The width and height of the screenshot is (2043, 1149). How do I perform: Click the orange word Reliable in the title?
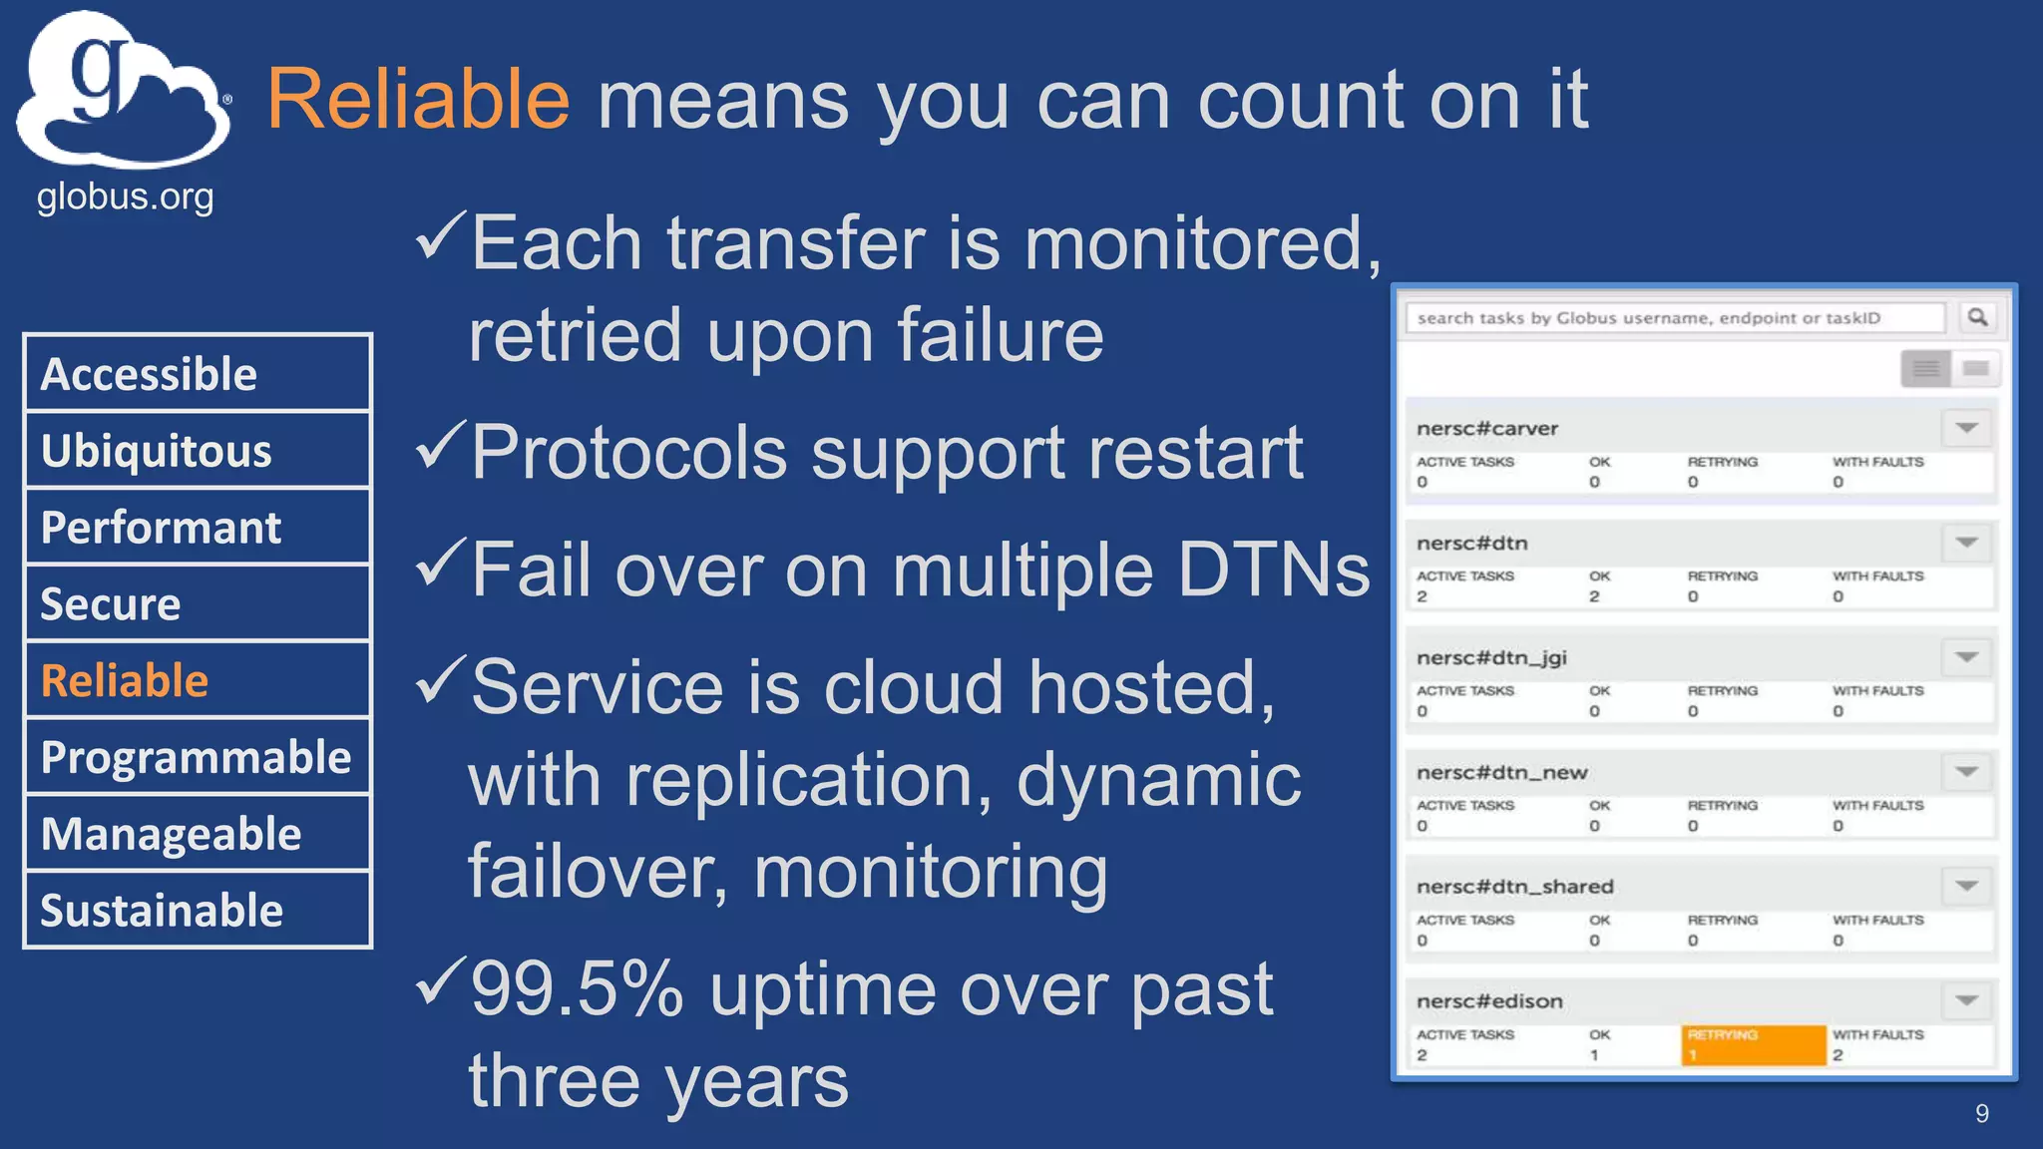coord(417,100)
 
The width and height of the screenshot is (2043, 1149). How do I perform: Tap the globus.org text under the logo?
coord(125,196)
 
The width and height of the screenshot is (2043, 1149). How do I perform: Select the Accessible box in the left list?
coord(198,374)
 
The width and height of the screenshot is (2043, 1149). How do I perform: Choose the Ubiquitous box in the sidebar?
coord(198,451)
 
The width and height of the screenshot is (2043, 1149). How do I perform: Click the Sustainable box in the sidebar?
coord(198,911)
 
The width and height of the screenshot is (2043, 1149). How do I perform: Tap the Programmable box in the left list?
coord(198,758)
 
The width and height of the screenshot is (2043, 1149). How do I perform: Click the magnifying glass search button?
coord(1977,317)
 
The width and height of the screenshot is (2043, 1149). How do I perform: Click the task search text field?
coord(1674,318)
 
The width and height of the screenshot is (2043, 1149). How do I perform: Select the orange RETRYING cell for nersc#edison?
coord(1754,1044)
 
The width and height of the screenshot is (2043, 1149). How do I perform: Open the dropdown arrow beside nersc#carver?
coord(1966,428)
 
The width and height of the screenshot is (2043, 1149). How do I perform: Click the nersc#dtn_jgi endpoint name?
coord(1491,657)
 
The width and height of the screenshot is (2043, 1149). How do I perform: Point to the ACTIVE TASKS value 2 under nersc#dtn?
coord(1423,596)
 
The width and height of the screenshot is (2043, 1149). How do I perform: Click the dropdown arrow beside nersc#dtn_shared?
coord(1966,886)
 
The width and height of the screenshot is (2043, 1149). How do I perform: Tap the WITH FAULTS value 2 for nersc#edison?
coord(1838,1055)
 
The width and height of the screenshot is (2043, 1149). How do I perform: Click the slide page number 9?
coord(1981,1113)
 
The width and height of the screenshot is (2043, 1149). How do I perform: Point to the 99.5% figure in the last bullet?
coord(577,989)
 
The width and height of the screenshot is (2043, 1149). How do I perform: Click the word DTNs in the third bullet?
coord(1274,571)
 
